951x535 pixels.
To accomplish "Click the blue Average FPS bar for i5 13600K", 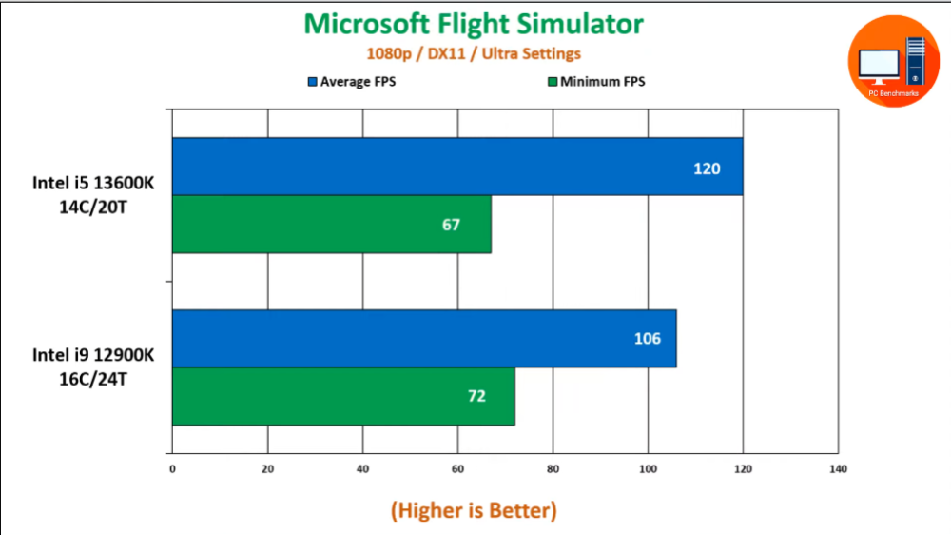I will (456, 168).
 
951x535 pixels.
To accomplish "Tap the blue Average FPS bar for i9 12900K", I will (423, 339).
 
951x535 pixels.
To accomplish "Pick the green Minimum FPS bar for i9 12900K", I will (342, 396).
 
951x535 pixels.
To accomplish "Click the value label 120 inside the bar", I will (707, 168).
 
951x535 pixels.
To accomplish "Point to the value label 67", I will (451, 226).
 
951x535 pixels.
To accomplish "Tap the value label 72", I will (475, 396).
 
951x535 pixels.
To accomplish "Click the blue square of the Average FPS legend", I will (312, 82).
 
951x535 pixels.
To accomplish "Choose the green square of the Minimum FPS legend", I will (552, 82).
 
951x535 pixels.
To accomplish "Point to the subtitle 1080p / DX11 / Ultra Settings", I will (474, 53).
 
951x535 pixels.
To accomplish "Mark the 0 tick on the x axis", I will (172, 469).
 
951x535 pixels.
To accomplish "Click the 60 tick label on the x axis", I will (457, 469).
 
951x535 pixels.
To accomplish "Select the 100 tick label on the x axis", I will (648, 469).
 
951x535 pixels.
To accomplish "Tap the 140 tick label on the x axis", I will (838, 469).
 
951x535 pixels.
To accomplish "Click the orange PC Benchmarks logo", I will (893, 63).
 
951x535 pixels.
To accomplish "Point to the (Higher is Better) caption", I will (474, 510).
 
